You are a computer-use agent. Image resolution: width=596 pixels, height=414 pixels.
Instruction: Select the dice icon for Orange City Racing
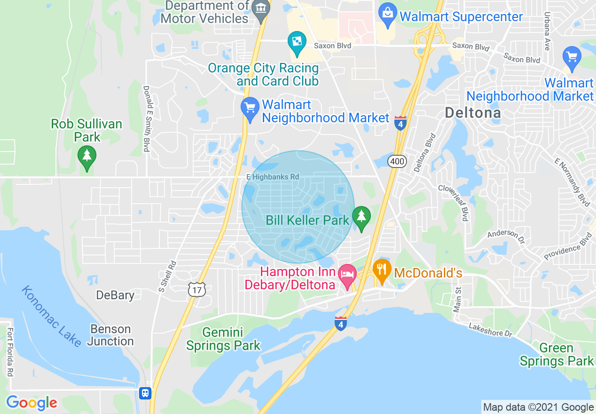click(x=297, y=42)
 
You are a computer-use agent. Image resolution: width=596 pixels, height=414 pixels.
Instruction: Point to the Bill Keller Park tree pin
click(x=361, y=218)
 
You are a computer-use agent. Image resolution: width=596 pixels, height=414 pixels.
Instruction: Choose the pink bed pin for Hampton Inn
click(x=347, y=275)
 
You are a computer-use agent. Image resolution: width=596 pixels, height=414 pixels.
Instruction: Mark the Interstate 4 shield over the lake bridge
click(x=341, y=323)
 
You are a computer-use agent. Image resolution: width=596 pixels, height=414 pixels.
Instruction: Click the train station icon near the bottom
click(x=145, y=393)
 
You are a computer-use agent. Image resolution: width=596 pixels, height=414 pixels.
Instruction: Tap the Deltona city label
click(x=472, y=113)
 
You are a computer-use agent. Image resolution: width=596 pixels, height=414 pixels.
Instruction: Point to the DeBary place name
click(x=115, y=295)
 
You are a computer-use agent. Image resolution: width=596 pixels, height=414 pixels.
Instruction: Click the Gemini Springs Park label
click(x=223, y=339)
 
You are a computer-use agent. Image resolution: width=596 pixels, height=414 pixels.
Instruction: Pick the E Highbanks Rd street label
click(x=273, y=177)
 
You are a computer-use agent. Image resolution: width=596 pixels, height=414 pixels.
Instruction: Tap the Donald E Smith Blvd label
click(x=146, y=119)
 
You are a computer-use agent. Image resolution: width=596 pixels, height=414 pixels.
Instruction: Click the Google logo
click(x=31, y=403)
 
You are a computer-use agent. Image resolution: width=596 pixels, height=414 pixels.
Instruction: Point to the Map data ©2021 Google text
click(x=538, y=407)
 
